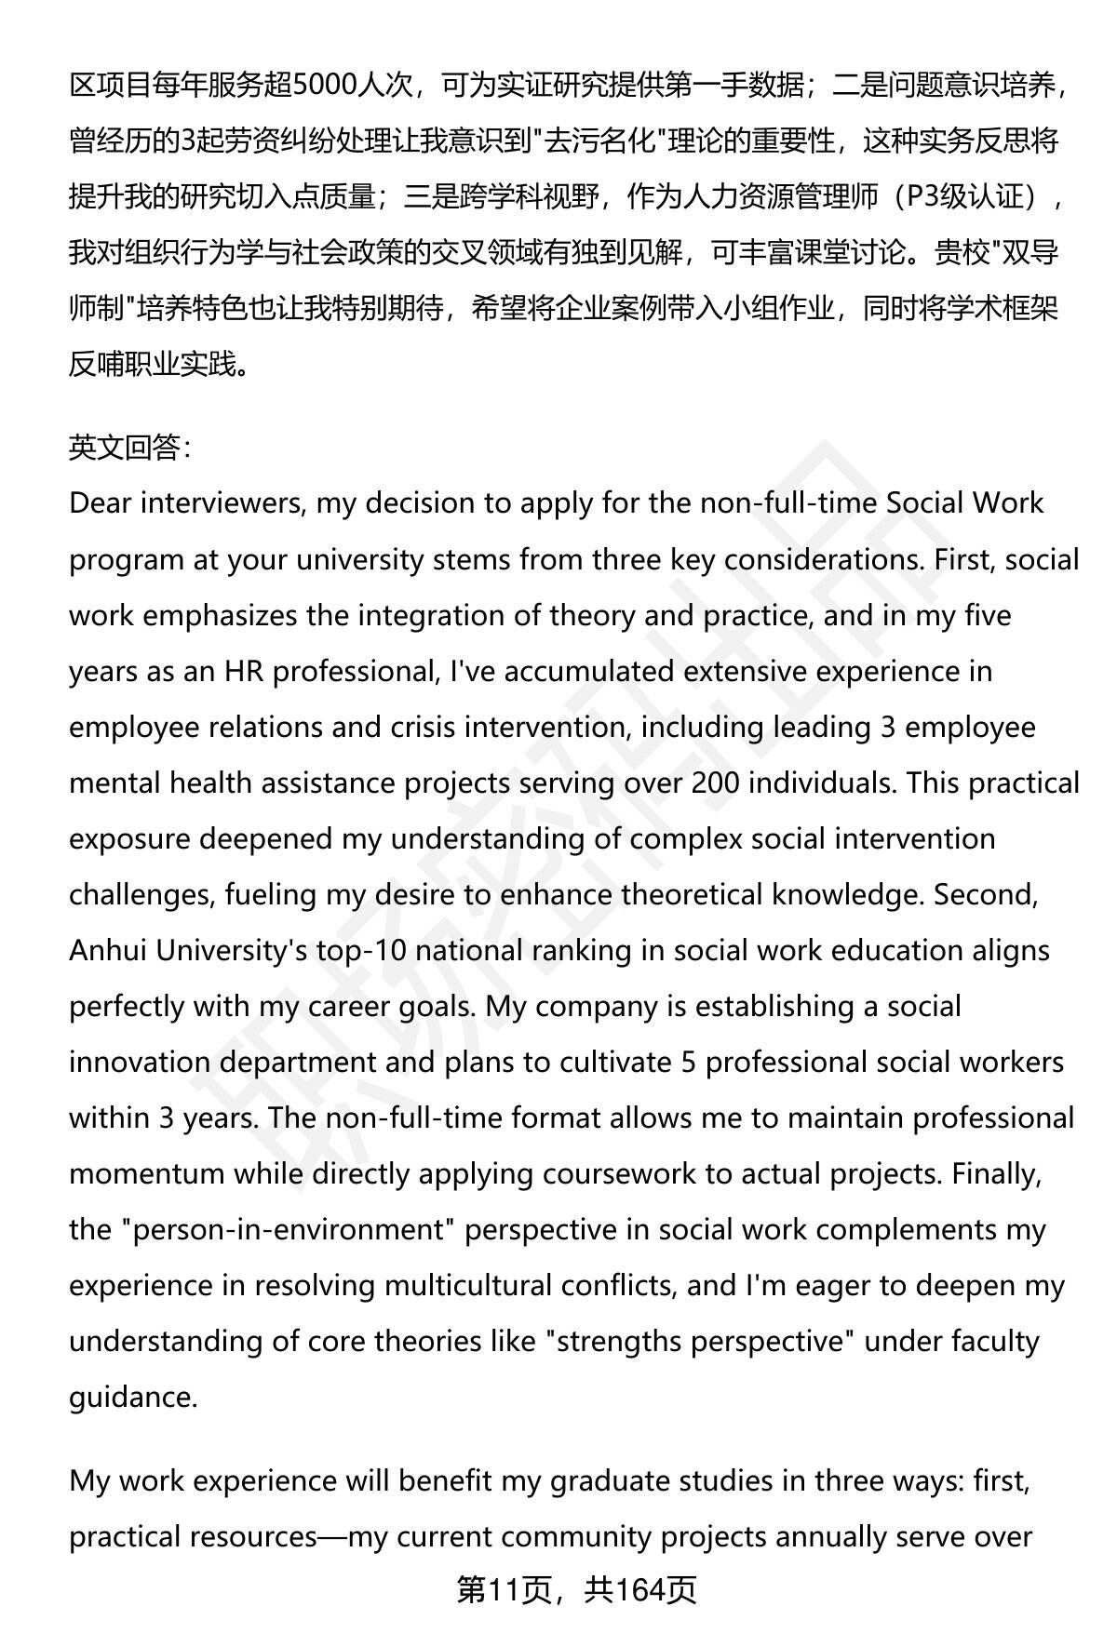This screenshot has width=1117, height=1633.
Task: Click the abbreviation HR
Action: tap(246, 671)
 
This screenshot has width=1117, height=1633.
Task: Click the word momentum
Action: tap(146, 1173)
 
